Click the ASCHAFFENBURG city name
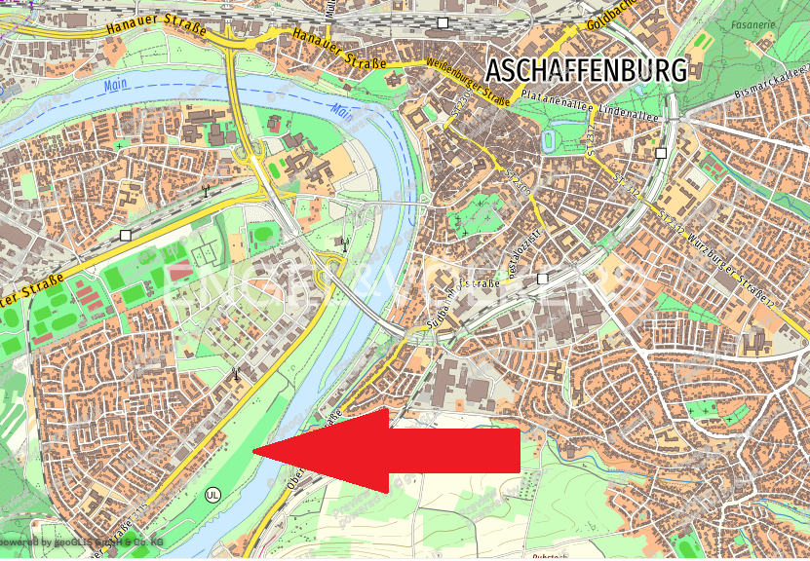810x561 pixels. tap(586, 70)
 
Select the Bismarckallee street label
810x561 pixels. tap(771, 87)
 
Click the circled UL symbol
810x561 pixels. tap(213, 494)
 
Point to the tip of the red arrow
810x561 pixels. tap(254, 451)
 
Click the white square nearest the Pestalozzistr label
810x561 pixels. tap(543, 279)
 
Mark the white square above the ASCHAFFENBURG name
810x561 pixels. tap(443, 21)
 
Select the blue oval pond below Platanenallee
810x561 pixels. tap(550, 142)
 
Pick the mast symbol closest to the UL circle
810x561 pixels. tap(234, 373)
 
